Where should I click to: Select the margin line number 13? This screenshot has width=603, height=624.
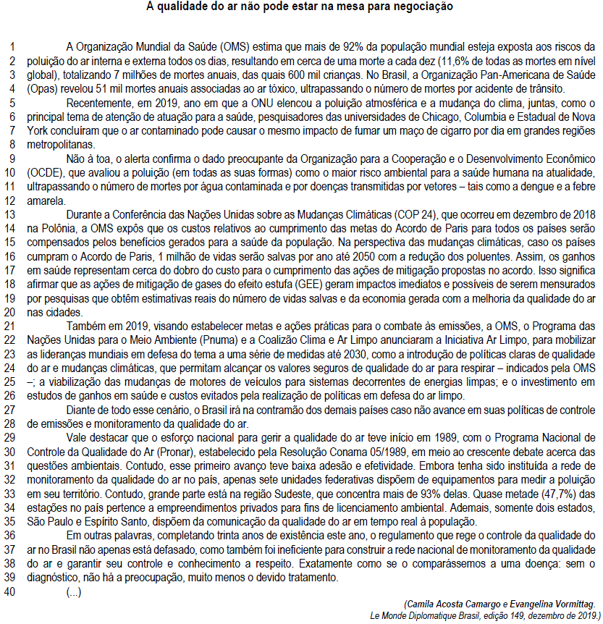[13, 215]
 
